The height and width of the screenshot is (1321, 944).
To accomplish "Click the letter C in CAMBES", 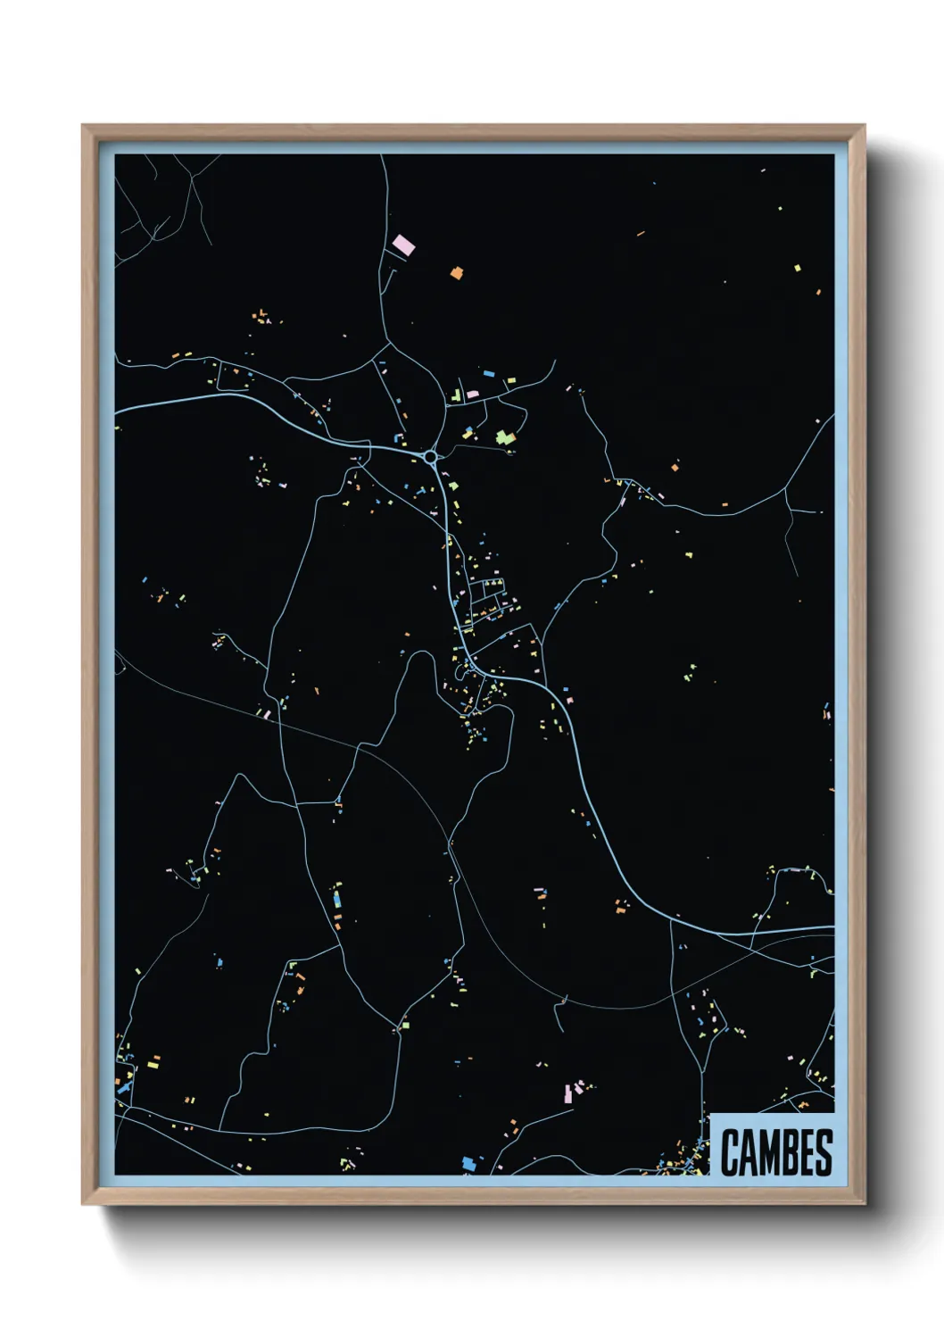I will click(730, 1152).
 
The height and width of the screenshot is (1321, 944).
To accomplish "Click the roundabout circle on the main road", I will click(431, 457).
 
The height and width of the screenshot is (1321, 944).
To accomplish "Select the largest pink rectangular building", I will click(403, 244).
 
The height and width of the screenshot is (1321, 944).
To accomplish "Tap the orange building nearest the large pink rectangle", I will click(457, 273).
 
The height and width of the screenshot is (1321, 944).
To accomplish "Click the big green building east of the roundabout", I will click(506, 437).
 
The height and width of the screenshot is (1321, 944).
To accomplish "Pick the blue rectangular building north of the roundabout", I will click(489, 373).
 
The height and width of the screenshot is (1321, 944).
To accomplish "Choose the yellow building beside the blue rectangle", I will click(511, 381).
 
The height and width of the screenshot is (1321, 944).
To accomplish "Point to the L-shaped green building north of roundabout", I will click(456, 394).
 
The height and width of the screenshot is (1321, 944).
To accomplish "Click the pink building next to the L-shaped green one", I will click(472, 394).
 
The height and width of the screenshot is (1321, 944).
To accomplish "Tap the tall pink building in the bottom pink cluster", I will click(567, 1093).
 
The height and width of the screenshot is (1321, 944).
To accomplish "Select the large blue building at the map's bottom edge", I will click(468, 1164).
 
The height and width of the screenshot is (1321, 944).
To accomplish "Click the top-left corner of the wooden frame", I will click(83, 126).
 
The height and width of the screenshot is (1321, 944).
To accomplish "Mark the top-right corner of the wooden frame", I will click(864, 126).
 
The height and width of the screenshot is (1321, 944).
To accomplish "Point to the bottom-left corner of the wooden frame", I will click(83, 1204).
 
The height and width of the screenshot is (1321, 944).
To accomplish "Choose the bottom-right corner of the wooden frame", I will click(864, 1204).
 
